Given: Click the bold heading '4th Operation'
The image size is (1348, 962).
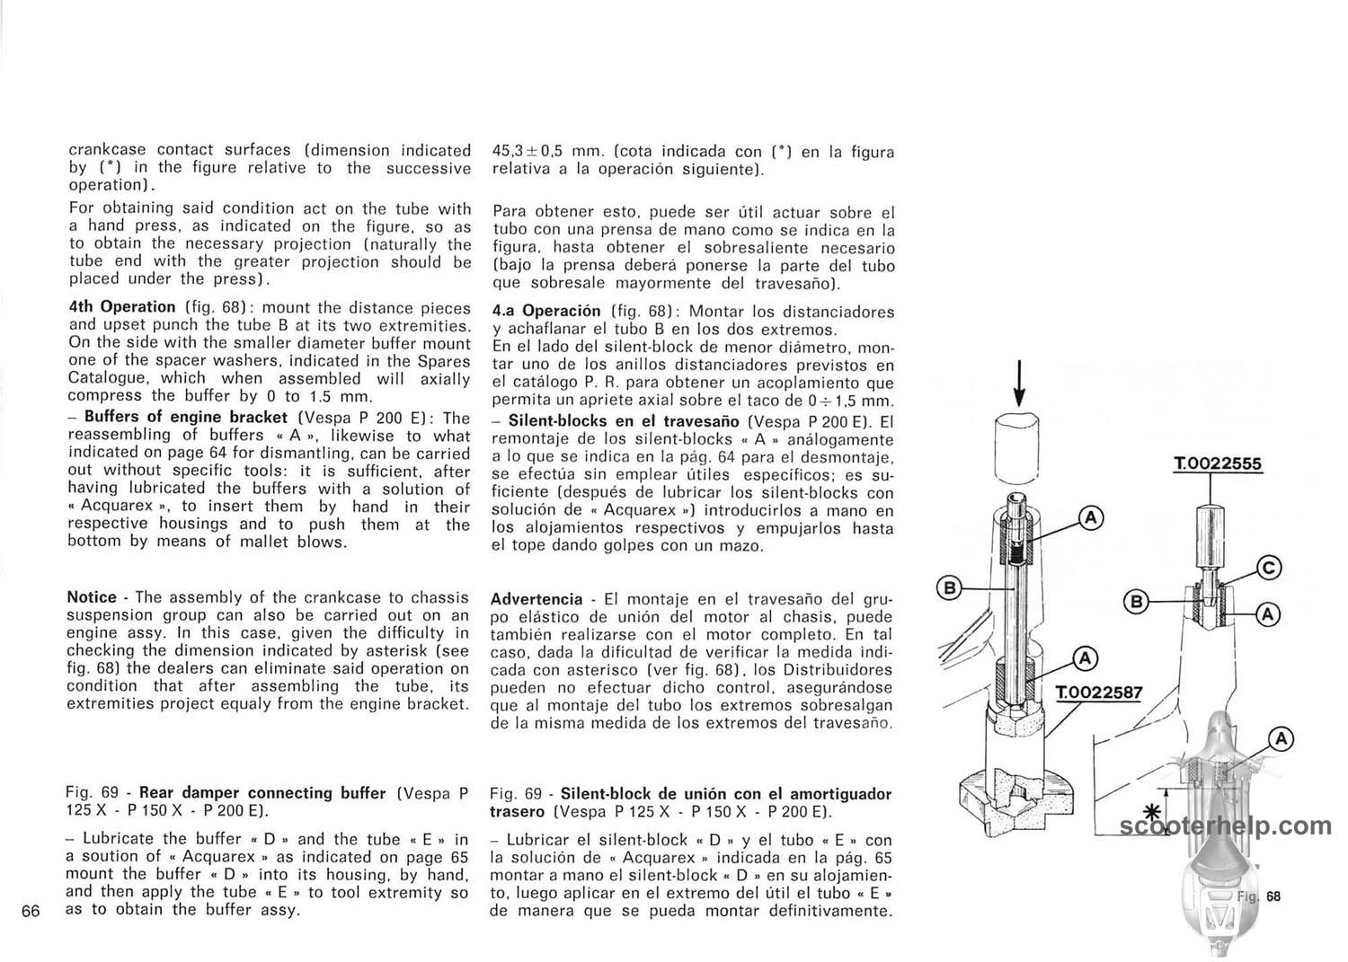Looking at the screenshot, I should tap(122, 306).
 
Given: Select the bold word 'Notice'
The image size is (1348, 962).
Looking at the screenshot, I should tap(92, 597).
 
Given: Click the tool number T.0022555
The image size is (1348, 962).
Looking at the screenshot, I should tap(1218, 464).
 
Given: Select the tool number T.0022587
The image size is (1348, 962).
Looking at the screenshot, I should tap(1098, 693).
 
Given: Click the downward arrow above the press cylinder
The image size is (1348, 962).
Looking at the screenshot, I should tap(1019, 383).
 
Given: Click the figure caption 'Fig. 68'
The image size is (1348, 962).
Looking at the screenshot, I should tap(1258, 896).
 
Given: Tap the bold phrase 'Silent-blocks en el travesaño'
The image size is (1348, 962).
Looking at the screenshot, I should tap(624, 420).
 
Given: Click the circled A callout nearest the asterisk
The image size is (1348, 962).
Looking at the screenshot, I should tap(1281, 739).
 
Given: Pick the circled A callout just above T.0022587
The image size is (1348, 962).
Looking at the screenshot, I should tap(1084, 659).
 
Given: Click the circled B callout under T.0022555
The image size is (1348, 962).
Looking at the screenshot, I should tap(1136, 600).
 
